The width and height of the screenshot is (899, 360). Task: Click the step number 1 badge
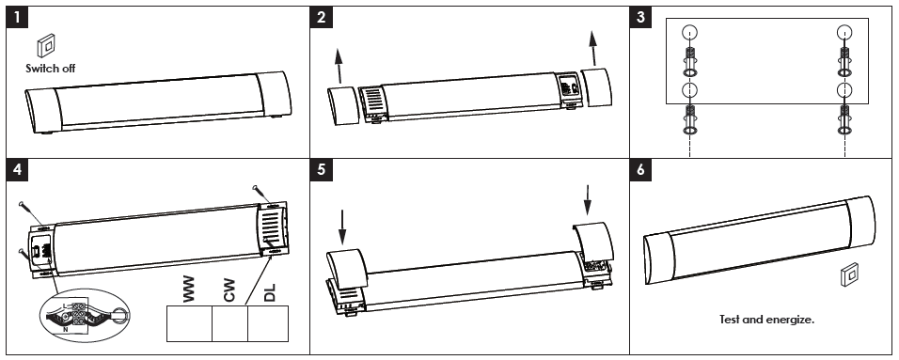click(x=17, y=17)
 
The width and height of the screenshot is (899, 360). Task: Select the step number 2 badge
click(x=321, y=17)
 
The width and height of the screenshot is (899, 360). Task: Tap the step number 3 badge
click(x=640, y=17)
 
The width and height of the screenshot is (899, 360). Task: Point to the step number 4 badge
click(x=17, y=170)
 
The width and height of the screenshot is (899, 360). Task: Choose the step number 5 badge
click(x=321, y=170)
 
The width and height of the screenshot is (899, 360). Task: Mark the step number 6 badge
click(x=640, y=170)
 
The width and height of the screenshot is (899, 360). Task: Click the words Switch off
click(x=51, y=69)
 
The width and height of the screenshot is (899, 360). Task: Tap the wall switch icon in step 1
click(x=46, y=46)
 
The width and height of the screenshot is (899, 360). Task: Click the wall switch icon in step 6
click(x=849, y=274)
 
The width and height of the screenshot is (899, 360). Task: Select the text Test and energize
click(x=766, y=320)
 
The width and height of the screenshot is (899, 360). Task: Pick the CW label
click(x=229, y=290)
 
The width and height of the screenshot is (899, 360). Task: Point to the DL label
click(x=269, y=291)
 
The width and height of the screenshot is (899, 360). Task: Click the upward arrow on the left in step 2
click(x=339, y=66)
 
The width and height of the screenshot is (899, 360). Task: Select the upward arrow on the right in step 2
click(x=593, y=49)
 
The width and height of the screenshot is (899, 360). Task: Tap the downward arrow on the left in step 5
click(x=342, y=227)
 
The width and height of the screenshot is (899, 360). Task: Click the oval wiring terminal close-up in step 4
click(x=86, y=315)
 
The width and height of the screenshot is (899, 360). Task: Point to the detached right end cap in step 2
click(x=596, y=87)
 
